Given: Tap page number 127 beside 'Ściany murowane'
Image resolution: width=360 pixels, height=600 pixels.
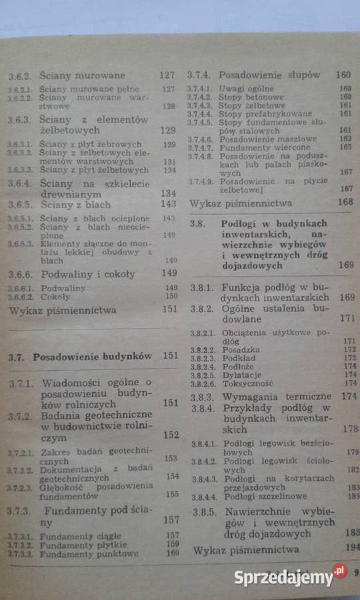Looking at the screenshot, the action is (x=167, y=75).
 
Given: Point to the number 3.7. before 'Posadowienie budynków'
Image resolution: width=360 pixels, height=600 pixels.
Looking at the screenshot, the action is (x=17, y=356).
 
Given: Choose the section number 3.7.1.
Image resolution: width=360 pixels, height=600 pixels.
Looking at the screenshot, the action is (x=21, y=383).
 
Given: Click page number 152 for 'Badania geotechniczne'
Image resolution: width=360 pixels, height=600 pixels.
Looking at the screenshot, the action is (x=171, y=435).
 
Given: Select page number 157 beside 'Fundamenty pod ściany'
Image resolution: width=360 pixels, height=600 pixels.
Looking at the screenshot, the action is (x=171, y=519).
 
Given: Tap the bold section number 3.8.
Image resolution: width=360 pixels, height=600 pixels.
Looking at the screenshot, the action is (x=197, y=225).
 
